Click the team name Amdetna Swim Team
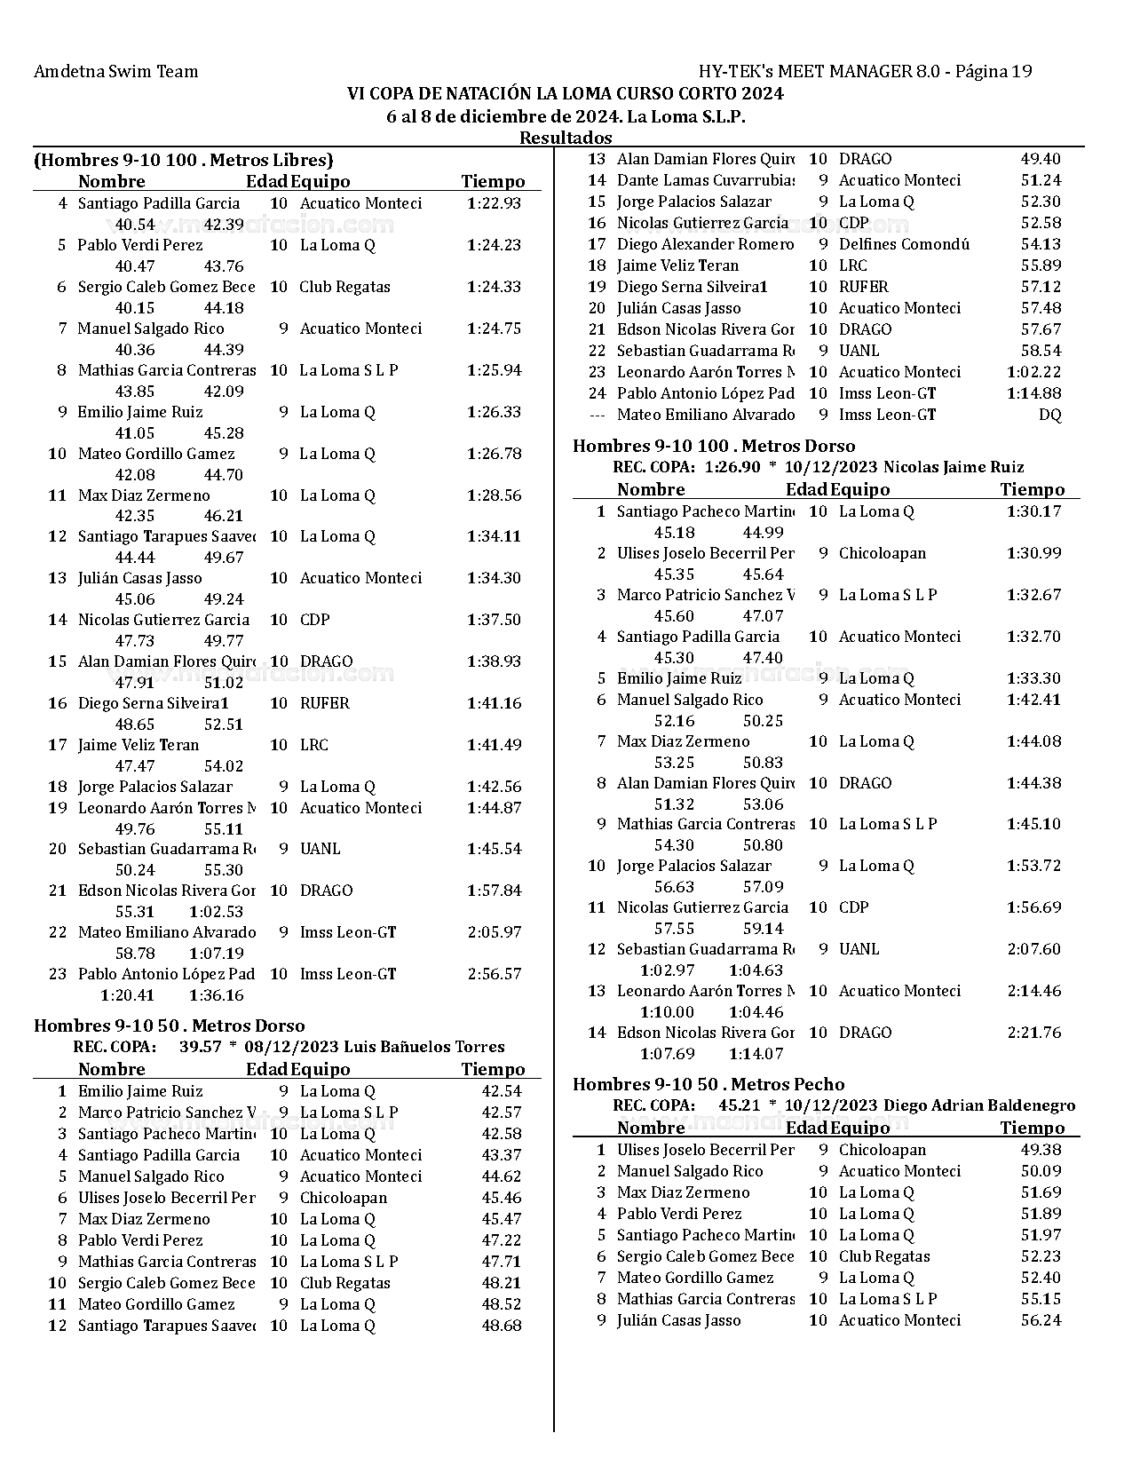point(115,71)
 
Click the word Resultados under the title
point(566,138)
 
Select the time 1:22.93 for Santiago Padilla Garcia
point(494,203)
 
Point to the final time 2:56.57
point(494,974)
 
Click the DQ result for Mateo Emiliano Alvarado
point(1049,415)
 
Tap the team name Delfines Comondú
point(904,244)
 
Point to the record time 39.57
point(200,1047)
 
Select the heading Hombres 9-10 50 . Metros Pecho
point(708,1084)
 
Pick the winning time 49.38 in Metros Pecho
point(1041,1150)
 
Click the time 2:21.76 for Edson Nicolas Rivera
point(1033,1033)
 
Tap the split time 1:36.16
point(216,995)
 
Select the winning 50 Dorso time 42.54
point(502,1091)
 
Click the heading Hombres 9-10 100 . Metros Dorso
point(714,446)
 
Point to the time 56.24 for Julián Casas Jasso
point(1041,1320)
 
